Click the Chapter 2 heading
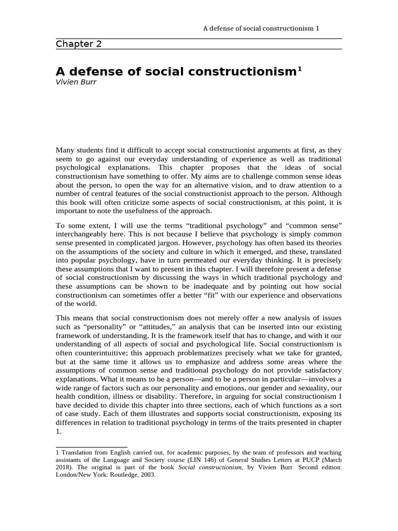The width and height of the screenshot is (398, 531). [x=79, y=44]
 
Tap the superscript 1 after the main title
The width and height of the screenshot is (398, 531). [x=299, y=68]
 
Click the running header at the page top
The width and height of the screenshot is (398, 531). [x=261, y=28]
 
